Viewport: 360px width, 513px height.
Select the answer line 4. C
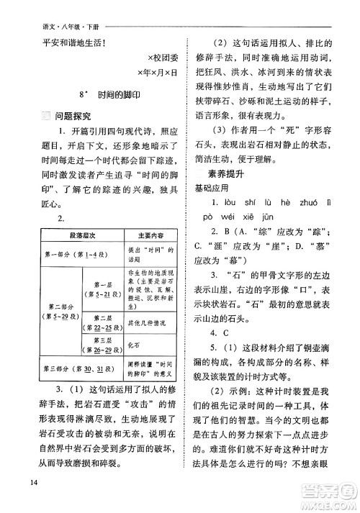(219, 333)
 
